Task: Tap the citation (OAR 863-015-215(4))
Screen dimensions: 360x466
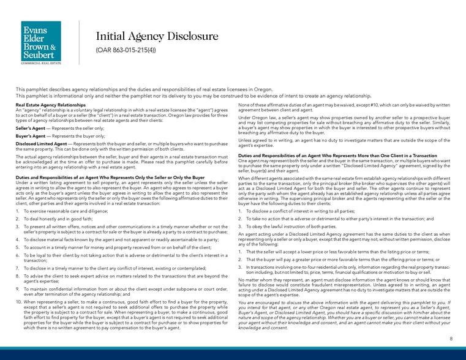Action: click(124, 49)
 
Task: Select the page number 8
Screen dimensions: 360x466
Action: click(451, 339)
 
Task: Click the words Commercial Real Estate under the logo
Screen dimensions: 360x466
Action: click(41, 63)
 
